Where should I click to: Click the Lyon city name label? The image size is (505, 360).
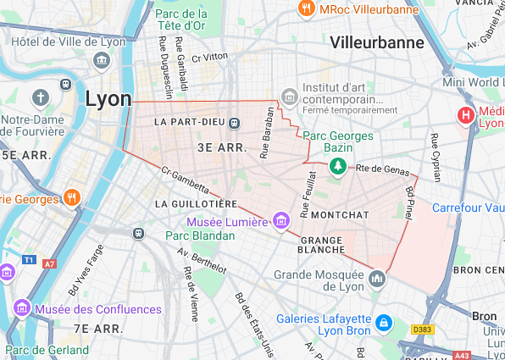(108, 99)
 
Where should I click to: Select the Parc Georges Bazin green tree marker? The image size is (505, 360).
(339, 164)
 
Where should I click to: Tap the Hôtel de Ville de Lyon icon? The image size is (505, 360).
(102, 60)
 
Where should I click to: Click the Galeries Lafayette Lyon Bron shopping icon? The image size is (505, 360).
(383, 323)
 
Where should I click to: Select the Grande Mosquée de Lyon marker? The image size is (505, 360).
(378, 278)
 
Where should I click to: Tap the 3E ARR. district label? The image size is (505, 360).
(221, 147)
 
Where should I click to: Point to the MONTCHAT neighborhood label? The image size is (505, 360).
(340, 215)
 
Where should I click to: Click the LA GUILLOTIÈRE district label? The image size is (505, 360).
(197, 204)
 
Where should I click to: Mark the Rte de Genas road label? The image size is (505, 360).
(382, 169)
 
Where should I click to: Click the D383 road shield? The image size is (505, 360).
(421, 329)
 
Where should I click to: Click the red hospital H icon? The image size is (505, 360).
(465, 115)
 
